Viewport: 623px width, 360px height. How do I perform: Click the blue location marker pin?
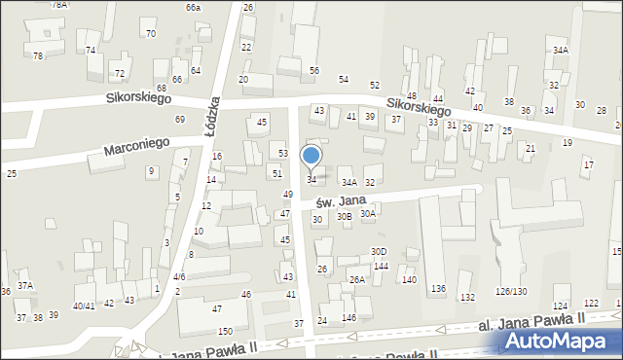point(311,156)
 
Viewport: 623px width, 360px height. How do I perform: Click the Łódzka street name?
point(215,115)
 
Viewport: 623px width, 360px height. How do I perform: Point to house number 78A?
point(59,5)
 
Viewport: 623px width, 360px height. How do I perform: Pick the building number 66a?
point(193,8)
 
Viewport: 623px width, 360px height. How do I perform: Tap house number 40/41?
point(84,305)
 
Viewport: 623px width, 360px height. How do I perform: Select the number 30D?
point(379,251)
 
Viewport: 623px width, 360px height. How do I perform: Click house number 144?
point(381,267)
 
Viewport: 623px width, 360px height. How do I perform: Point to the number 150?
point(225,332)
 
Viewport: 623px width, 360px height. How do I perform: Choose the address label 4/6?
point(179,277)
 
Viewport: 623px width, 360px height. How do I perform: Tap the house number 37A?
point(25,285)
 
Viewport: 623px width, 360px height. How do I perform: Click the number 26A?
point(357,280)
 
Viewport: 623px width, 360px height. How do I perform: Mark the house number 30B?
point(344,217)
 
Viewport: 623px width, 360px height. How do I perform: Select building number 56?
point(314,71)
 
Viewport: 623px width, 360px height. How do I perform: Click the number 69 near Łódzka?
point(179,119)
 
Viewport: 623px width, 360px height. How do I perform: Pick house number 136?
point(438,289)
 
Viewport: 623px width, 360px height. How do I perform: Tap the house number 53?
point(282,154)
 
